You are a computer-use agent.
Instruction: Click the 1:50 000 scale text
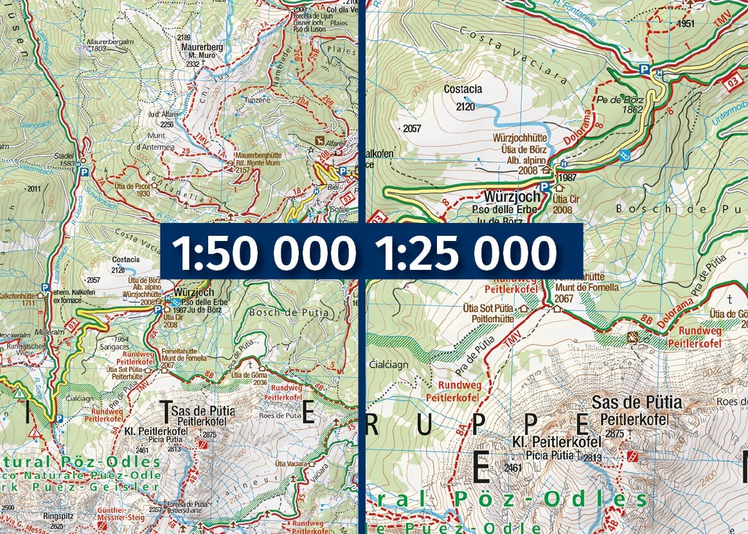point(263,252)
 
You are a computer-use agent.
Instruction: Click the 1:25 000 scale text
point(465,252)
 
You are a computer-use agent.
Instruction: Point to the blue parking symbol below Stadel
point(82,172)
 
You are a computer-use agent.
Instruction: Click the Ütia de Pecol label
point(132,189)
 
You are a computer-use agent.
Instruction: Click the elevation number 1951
point(686,24)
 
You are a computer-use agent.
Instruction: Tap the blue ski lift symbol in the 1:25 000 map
point(623,155)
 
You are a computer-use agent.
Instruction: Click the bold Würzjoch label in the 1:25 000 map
point(513,198)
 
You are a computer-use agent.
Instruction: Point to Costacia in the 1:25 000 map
point(463,90)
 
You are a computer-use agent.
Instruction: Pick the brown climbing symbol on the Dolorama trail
point(634,337)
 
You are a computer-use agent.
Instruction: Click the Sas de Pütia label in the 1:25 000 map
point(636,403)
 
